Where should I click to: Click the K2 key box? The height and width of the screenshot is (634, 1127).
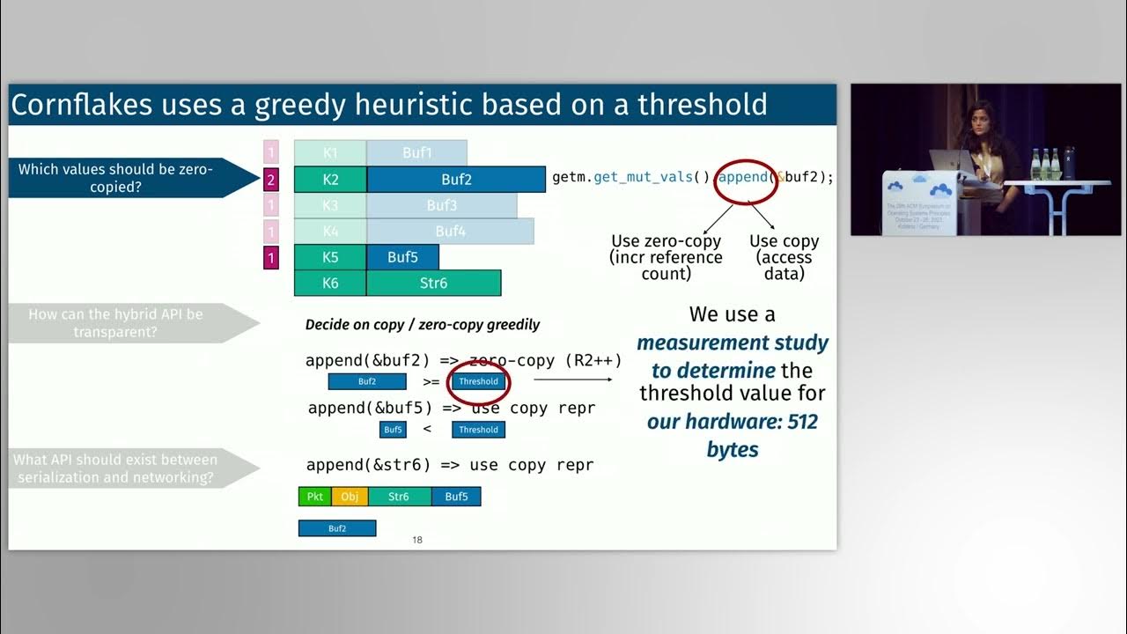330,180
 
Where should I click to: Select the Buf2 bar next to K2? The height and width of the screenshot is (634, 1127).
456,180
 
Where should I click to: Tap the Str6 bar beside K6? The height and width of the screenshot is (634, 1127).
433,283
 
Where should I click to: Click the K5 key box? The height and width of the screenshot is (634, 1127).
330,257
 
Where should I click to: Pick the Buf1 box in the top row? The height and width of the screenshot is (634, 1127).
416,152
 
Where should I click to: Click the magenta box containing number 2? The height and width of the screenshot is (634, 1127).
271,180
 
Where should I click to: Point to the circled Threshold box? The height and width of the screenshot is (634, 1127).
478,381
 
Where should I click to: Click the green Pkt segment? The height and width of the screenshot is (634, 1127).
315,497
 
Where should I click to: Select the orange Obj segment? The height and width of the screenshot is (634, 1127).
350,497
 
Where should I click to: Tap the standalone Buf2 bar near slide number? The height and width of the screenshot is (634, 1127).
337,528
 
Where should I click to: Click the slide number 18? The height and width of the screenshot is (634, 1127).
417,540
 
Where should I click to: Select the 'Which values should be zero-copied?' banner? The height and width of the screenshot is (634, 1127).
115,178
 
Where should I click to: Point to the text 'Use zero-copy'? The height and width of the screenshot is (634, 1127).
666,241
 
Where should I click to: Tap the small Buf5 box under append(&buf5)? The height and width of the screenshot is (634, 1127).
393,430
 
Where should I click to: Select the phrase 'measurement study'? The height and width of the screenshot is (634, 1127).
733,343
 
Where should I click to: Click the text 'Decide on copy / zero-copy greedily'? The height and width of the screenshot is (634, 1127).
422,324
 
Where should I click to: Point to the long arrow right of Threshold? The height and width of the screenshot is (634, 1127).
572,380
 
